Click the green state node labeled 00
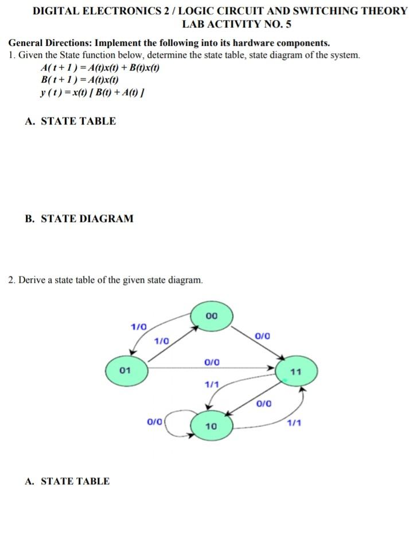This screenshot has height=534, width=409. click(x=212, y=315)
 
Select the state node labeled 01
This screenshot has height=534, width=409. click(x=126, y=370)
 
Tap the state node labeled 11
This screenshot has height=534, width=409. click(x=296, y=372)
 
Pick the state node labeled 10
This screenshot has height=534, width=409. click(x=211, y=426)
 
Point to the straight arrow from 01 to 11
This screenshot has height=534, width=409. click(x=212, y=369)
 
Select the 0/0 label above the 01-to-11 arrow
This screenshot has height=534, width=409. click(x=212, y=362)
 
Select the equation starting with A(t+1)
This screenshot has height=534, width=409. click(x=99, y=68)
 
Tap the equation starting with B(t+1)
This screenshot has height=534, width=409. click(x=80, y=80)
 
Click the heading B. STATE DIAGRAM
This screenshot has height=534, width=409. click(x=79, y=219)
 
